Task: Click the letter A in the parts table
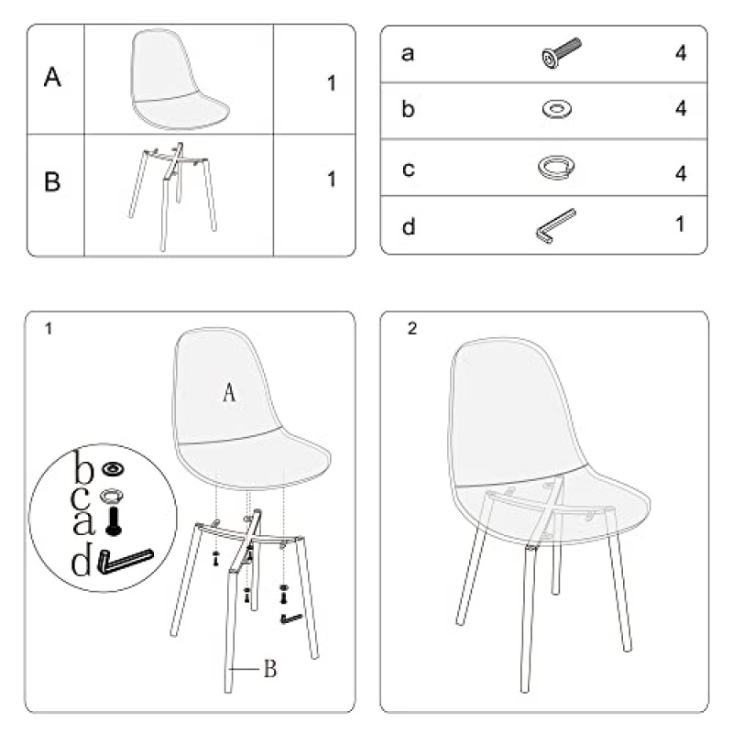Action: pos(53,78)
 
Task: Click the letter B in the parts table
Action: pos(53,181)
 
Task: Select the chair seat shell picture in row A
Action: pos(180,81)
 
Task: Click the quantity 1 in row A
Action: pos(332,83)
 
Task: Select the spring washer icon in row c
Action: pos(555,167)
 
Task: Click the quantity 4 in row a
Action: pos(681,52)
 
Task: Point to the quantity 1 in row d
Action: pos(681,224)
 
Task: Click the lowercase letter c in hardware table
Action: pos(409,169)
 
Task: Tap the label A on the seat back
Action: pos(230,393)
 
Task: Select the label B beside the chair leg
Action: pos(269,670)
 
